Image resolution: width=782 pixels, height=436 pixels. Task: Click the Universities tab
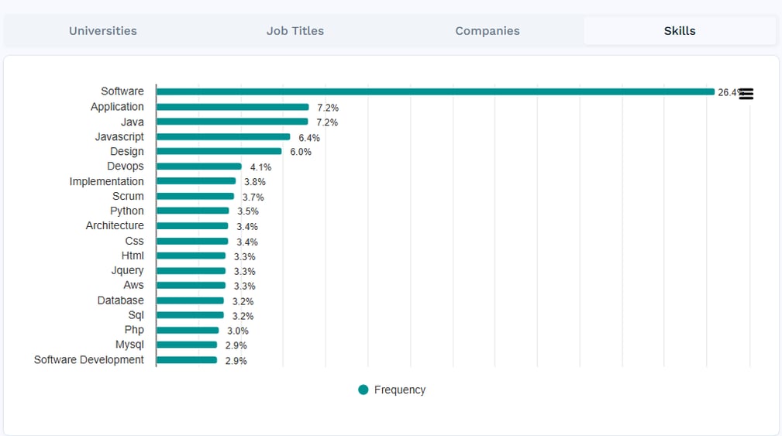pos(102,31)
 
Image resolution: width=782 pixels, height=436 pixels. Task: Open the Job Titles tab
pos(295,31)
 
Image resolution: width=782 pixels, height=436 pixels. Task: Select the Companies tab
pos(487,31)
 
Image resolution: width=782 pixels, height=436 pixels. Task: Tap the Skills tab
pos(680,31)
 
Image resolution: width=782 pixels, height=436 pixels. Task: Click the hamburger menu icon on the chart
pos(746,94)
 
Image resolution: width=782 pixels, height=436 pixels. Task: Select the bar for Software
pos(435,91)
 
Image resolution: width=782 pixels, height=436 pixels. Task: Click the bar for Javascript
pos(223,137)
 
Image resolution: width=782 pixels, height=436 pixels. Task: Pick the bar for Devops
pos(199,167)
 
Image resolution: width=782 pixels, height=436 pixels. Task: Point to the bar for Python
pos(193,211)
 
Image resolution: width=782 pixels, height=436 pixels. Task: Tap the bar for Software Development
pos(187,360)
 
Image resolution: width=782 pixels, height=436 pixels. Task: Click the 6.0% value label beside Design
pos(301,153)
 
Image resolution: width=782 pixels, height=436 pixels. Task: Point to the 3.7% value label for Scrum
pos(253,197)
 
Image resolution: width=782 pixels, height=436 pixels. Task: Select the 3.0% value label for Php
pos(238,331)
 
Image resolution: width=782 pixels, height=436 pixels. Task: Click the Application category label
pos(117,107)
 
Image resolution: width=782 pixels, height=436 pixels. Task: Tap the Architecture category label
pos(115,226)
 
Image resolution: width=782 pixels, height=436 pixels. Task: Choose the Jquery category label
pos(127,270)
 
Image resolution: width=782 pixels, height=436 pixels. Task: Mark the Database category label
pos(120,300)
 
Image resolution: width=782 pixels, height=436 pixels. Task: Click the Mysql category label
pos(129,345)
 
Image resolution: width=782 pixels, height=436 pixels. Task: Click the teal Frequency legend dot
pos(363,390)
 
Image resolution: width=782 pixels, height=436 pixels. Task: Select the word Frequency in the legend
pos(399,390)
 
